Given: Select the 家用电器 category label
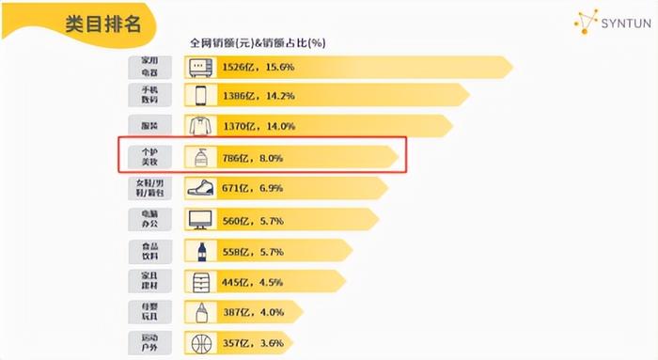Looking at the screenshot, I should click(150, 68).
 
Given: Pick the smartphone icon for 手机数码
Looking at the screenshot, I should click(200, 95).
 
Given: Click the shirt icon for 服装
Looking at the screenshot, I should click(200, 125).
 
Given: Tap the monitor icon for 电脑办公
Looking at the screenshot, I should click(200, 219).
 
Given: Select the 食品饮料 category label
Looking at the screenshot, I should click(150, 250).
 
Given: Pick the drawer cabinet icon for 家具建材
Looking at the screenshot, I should click(200, 280).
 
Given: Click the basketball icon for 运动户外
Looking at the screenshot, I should click(200, 343).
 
